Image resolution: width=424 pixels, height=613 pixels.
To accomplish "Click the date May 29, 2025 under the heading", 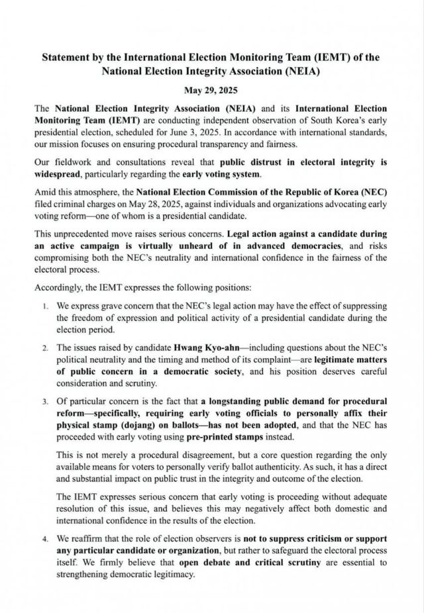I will point(211,89).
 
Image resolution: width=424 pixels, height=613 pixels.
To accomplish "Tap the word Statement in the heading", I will point(65,58).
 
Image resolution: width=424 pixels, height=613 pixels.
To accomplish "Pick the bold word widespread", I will point(63,175).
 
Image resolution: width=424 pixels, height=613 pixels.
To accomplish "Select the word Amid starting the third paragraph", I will point(46,192).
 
